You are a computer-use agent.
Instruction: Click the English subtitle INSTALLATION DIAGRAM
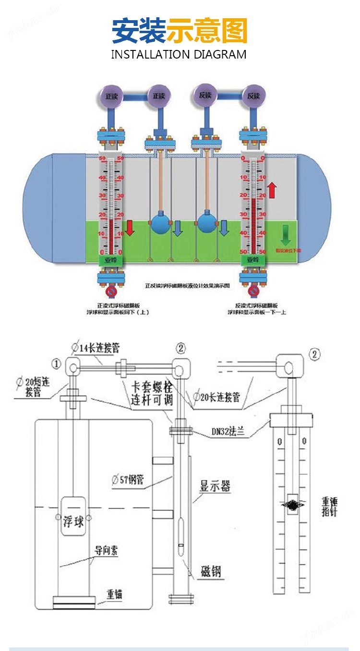click(x=179, y=54)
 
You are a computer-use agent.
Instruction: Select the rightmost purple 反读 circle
click(x=253, y=96)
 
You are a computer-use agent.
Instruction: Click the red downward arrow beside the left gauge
click(x=130, y=228)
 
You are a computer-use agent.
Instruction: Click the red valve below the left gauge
click(x=111, y=291)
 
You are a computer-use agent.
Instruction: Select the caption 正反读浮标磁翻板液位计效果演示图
click(x=188, y=286)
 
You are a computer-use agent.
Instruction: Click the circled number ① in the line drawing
click(x=57, y=364)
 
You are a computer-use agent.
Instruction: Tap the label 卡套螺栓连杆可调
click(x=152, y=393)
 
